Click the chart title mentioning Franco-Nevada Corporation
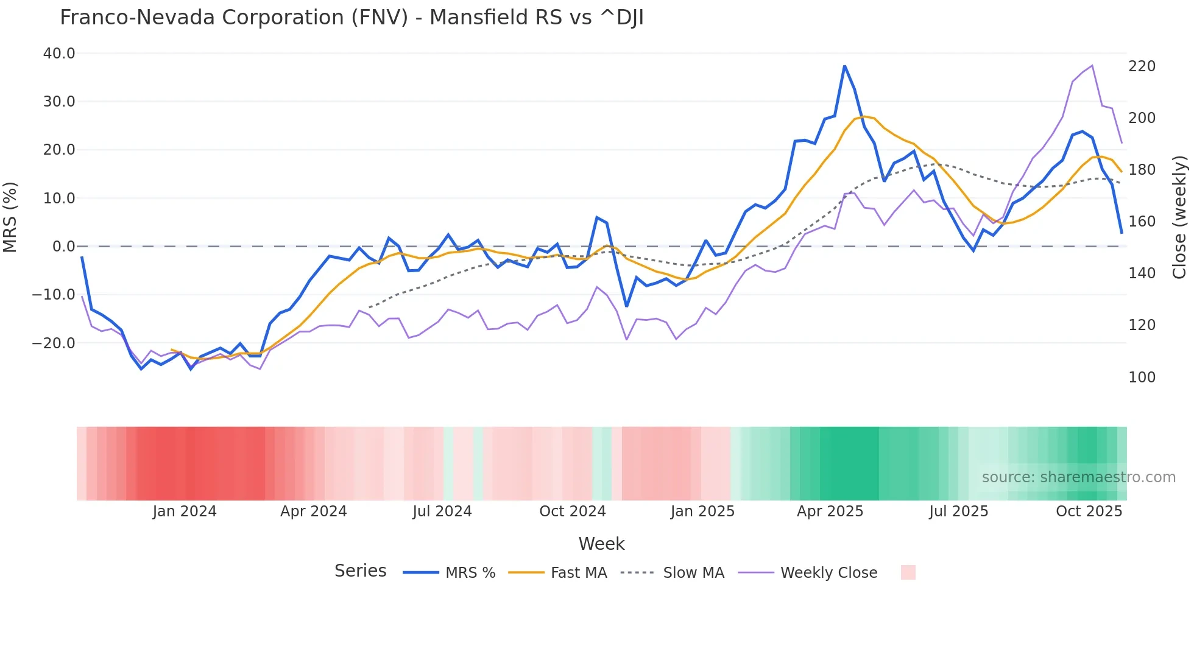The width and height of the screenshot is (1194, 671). click(351, 18)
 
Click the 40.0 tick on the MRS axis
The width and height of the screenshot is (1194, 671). click(59, 54)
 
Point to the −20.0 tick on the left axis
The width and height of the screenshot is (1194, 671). click(54, 343)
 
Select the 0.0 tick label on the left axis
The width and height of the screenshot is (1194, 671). click(63, 247)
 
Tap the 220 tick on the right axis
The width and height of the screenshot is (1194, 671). click(1142, 66)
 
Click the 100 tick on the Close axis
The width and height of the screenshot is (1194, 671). click(1142, 378)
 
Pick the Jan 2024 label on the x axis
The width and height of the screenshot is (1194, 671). click(185, 511)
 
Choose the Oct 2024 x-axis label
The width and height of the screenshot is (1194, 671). click(572, 511)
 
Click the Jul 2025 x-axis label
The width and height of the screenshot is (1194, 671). click(958, 511)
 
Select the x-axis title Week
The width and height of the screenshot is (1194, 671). click(601, 544)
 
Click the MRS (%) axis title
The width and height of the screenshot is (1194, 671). click(10, 217)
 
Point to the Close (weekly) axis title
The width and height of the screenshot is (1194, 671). click(1180, 217)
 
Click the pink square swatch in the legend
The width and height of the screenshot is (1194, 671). click(908, 572)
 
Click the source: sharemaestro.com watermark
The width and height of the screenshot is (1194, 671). click(1078, 477)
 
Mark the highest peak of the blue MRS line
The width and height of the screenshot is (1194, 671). click(844, 66)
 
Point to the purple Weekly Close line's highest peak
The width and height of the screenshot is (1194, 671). click(1092, 65)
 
